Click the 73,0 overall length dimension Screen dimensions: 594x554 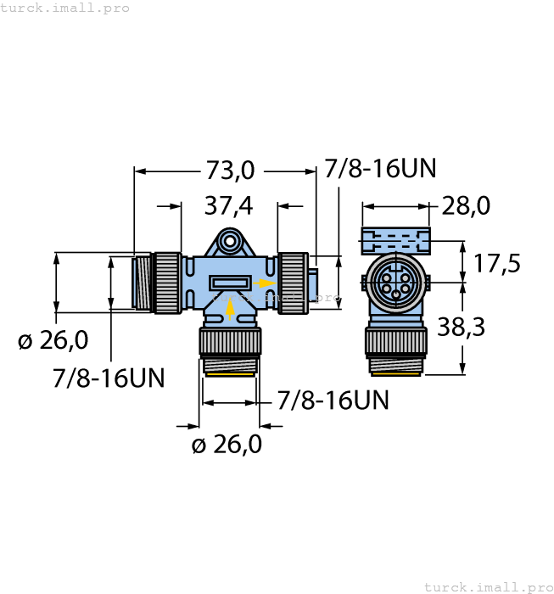coord(230,171)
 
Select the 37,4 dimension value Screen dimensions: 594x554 coord(229,206)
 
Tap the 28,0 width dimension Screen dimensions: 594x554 coord(466,206)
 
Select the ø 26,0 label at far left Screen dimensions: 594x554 coord(53,340)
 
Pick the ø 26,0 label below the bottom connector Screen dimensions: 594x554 coord(227,444)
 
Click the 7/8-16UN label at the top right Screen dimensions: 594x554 coord(380,169)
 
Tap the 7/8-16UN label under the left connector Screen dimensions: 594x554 coord(109,378)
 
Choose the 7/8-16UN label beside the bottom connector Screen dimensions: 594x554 coord(333,401)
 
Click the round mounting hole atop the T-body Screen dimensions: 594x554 coord(228,244)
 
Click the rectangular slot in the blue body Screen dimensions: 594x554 coord(229,283)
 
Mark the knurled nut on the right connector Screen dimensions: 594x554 coord(294,283)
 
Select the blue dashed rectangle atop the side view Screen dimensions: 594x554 coord(395,239)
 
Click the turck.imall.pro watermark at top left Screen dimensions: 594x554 coord(65,8)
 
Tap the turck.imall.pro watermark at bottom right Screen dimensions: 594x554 coord(488,586)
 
